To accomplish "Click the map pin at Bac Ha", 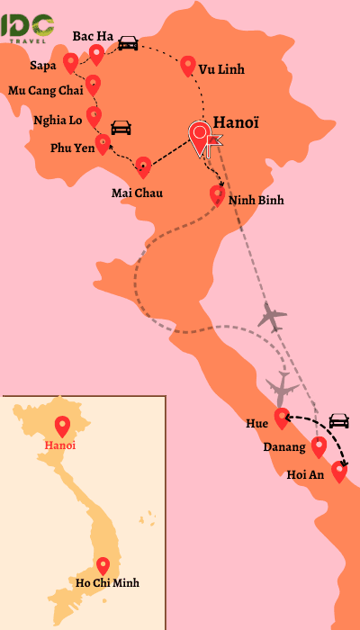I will tap(97, 54).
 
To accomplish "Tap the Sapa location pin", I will tap(71, 62).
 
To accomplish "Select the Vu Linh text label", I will tap(220, 69).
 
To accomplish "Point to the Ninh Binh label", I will tap(256, 200).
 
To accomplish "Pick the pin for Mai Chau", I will tap(143, 166).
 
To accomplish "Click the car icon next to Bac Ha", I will tap(128, 42).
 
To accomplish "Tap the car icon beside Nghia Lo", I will tap(121, 127).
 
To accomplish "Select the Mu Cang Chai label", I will tap(45, 90).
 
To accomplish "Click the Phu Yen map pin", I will tap(103, 144).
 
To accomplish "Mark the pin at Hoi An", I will tap(338, 471).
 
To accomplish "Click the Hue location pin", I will tap(282, 418).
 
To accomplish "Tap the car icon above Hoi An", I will tap(338, 420).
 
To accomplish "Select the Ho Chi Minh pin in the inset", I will tap(103, 566).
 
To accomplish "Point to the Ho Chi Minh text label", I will tap(108, 583).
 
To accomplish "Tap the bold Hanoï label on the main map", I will tap(237, 123).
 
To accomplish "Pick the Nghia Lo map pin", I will tap(94, 115).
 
